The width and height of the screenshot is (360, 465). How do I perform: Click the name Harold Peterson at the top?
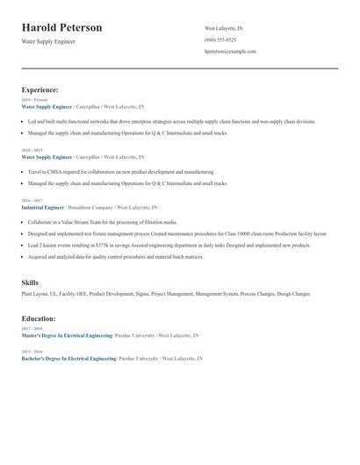[x=61, y=28]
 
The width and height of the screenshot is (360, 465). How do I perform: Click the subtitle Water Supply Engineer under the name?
[x=48, y=41]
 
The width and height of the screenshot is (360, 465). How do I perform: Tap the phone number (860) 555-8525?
[x=220, y=40]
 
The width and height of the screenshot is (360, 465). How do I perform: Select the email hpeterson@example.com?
[x=230, y=52]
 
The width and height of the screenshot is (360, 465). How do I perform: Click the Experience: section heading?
[x=40, y=89]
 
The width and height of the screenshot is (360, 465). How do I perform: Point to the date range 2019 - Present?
[x=34, y=100]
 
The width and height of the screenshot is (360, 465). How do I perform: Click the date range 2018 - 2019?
[x=32, y=150]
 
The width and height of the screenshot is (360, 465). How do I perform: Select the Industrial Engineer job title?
[x=43, y=207]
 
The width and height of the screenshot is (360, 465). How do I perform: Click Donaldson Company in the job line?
[x=96, y=207]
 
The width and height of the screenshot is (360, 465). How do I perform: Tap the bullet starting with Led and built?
[x=158, y=122]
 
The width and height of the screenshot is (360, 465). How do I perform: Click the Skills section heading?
[x=30, y=283]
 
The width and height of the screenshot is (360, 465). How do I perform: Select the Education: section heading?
[x=39, y=318]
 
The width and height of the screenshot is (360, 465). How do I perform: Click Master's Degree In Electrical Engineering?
[x=67, y=335]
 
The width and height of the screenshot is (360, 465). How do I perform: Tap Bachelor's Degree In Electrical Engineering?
[x=68, y=359]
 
